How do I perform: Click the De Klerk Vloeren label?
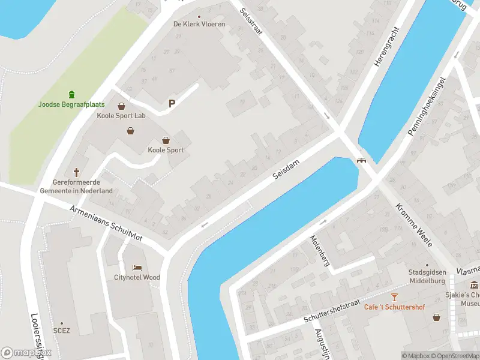199,24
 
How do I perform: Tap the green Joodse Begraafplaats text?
71,104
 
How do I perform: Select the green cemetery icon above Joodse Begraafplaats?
72,94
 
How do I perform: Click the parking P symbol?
172,104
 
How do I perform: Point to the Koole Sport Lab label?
121,116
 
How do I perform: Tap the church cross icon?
76,172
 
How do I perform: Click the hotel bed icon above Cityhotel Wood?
137,267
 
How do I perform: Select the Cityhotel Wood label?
137,277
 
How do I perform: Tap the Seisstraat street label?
251,22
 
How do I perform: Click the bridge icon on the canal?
362,160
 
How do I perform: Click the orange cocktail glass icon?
394,297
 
